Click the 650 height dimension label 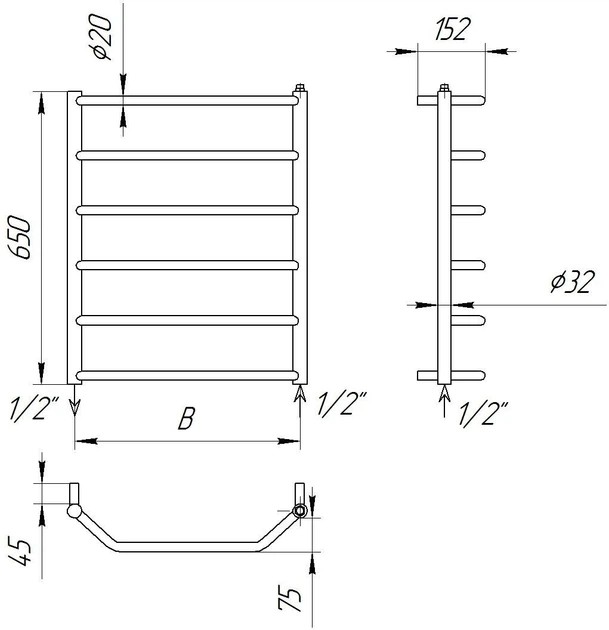(x=19, y=237)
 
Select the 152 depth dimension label (x=452, y=29)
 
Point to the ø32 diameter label (x=572, y=281)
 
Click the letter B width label (x=186, y=418)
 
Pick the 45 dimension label (x=19, y=552)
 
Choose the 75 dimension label (x=290, y=599)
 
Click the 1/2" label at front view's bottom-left (x=34, y=409)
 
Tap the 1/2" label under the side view (x=482, y=413)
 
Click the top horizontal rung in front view (x=187, y=100)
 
